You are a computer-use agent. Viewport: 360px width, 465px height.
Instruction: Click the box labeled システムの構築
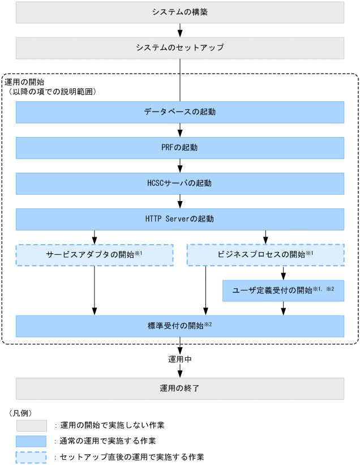179,12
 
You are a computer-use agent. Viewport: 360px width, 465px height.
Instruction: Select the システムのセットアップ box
179,48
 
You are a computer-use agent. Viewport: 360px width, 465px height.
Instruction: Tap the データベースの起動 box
179,112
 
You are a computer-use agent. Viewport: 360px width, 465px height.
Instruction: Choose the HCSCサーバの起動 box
179,184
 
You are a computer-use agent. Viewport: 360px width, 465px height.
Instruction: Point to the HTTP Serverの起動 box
179,219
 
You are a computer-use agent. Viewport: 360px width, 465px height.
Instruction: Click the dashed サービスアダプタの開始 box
94,255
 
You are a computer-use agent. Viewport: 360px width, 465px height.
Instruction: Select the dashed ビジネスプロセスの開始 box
265,255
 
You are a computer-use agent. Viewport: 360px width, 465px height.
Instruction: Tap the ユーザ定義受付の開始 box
284,291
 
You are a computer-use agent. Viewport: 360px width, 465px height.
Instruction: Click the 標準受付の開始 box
179,326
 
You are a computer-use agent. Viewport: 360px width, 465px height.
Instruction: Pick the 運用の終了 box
179,389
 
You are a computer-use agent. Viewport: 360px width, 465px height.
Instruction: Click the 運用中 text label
179,359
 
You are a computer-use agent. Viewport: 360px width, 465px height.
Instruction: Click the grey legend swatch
32,425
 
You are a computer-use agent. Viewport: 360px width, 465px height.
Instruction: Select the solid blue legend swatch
32,441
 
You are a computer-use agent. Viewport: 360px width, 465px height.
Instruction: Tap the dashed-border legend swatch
32,457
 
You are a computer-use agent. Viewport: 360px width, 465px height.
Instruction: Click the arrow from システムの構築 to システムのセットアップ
179,30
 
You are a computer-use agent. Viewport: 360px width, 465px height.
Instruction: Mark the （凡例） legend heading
20,412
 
